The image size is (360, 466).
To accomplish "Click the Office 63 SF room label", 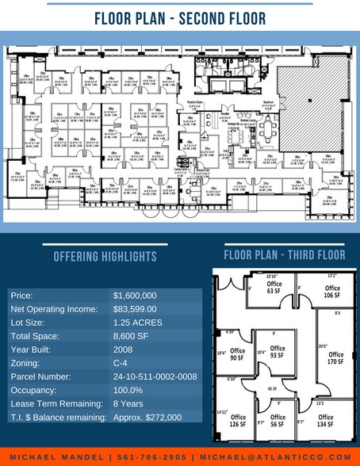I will (x=274, y=287).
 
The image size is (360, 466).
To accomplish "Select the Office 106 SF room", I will (x=332, y=292).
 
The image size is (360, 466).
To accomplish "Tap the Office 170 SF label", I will (x=335, y=357).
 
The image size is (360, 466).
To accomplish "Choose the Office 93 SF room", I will (x=277, y=351).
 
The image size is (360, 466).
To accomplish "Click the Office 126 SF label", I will (x=238, y=420).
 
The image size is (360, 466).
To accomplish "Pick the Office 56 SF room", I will (x=278, y=420).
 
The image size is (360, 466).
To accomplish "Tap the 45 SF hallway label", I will (x=272, y=389).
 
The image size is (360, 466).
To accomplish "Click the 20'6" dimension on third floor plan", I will (x=322, y=346).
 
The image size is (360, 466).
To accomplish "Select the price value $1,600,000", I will (x=135, y=296).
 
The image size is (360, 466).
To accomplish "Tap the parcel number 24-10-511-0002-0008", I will (x=155, y=376).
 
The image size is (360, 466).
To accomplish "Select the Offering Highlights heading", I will (x=103, y=257).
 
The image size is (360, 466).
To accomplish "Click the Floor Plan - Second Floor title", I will (x=179, y=17).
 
